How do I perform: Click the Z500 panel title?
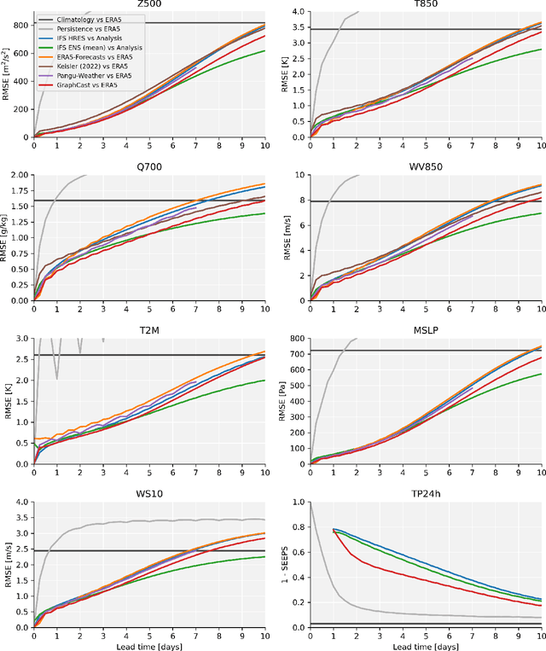pyautogui.click(x=149, y=4)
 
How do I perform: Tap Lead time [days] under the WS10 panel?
pyautogui.click(x=149, y=644)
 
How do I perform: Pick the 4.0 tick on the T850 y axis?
pyautogui.click(x=299, y=12)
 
